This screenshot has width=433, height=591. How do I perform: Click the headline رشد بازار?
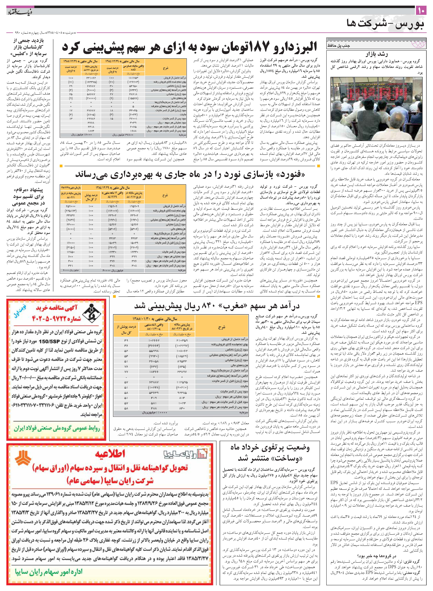click(377, 55)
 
